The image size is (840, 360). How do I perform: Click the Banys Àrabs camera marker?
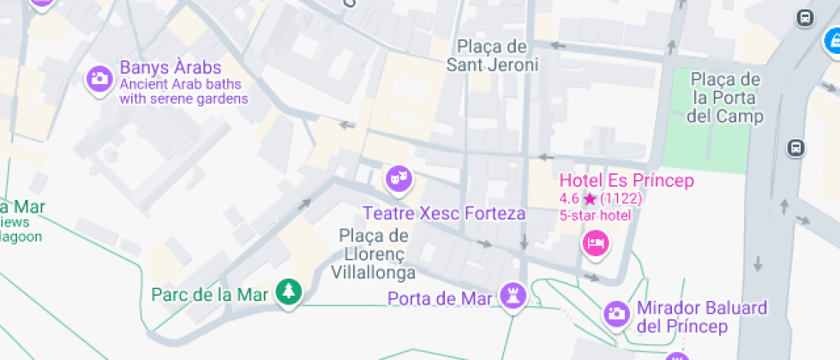point(99,80)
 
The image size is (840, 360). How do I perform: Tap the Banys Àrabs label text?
point(171,68)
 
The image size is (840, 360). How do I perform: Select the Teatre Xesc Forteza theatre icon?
point(397,178)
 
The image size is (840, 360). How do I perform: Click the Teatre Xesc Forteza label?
point(444,213)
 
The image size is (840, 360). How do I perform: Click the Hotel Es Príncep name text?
point(627,181)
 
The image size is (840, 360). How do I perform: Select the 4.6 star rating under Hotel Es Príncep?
point(600,199)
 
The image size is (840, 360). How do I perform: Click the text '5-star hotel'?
point(595,214)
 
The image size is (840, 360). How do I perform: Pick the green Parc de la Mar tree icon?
point(289,293)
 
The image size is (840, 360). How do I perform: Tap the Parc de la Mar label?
point(210,295)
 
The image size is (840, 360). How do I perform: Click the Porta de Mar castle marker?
point(513,294)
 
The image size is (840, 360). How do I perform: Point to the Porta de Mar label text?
point(440,299)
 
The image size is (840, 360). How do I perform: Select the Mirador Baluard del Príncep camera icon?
point(616,313)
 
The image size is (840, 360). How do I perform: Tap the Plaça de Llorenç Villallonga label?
point(373,254)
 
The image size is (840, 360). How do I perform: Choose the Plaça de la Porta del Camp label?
point(726,98)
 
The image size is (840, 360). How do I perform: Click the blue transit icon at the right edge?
point(830,41)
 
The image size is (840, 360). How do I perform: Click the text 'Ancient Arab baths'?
point(180,85)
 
